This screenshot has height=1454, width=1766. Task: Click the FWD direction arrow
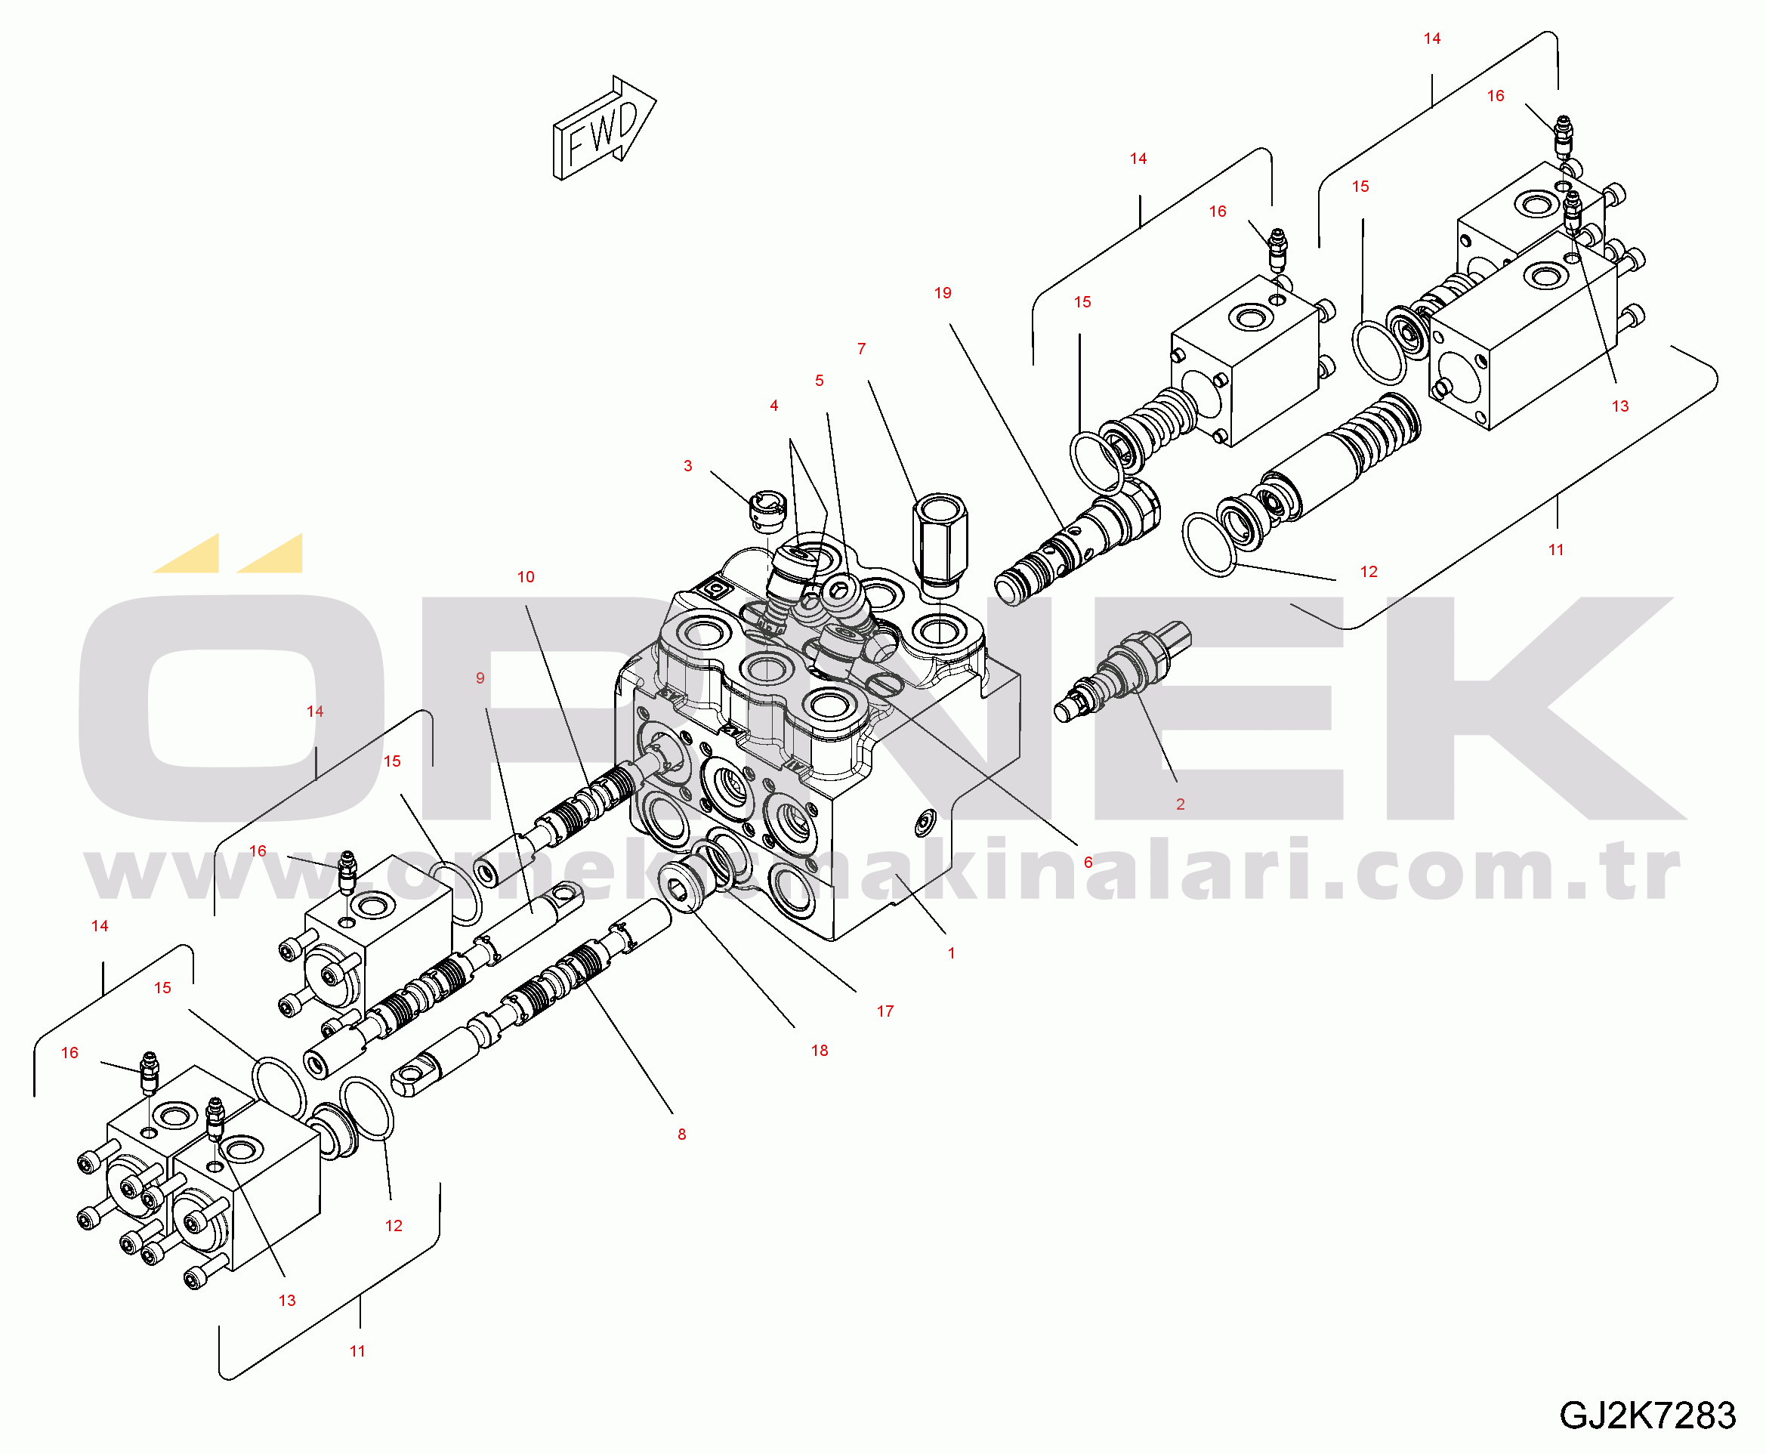click(604, 128)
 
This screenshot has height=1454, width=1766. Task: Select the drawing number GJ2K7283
click(1647, 1415)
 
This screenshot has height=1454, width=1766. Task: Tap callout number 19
click(943, 293)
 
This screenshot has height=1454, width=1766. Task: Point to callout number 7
click(862, 348)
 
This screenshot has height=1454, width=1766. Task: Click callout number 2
click(1181, 804)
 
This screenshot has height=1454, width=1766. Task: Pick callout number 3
click(688, 466)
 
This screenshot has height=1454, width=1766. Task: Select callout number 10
click(526, 577)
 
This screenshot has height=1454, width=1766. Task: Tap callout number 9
click(480, 678)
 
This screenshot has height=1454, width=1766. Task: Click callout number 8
click(682, 1134)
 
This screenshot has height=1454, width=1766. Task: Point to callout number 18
click(820, 1051)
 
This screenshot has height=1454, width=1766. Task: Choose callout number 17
click(885, 1011)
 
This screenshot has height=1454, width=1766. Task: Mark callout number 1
click(951, 953)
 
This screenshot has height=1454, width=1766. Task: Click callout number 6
click(1088, 862)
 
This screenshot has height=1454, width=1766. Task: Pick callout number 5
click(820, 380)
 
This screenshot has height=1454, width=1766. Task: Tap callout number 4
click(774, 406)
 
